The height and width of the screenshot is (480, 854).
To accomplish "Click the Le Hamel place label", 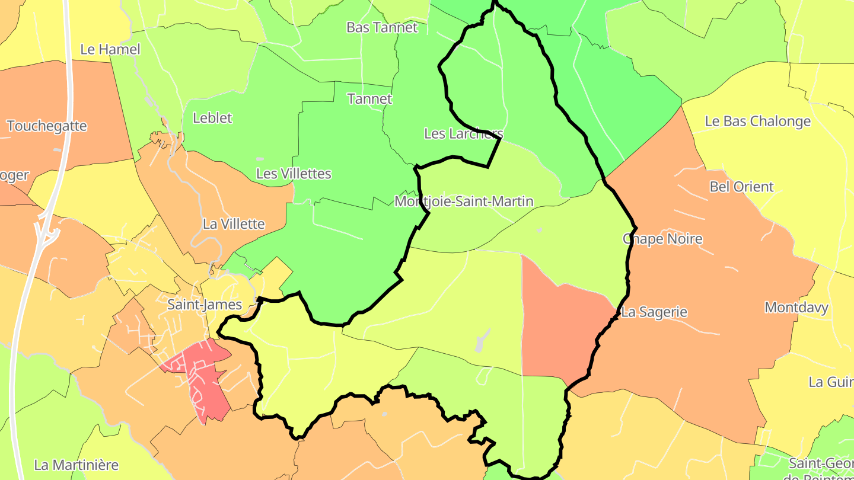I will [110, 49].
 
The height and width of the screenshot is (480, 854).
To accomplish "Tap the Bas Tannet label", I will [382, 27].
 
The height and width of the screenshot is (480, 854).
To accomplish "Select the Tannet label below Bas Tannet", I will [369, 98].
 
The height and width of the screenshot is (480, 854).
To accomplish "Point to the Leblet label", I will [212, 118].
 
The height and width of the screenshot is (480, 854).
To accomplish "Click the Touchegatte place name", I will [47, 126].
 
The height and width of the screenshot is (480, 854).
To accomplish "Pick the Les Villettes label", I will [293, 174].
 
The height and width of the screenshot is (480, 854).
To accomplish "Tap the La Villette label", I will [234, 224].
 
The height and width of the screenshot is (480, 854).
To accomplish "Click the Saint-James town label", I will [205, 305].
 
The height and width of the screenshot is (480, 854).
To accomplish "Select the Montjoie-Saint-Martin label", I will [464, 201].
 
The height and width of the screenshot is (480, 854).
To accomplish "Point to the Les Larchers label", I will [463, 133].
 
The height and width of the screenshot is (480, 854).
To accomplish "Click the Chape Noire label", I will [662, 239].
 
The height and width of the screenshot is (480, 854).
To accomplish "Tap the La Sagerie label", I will [654, 312].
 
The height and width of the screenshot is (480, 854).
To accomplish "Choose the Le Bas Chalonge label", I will [757, 121].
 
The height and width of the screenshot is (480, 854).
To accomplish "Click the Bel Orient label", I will [741, 187].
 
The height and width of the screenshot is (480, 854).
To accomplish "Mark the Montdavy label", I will [796, 308].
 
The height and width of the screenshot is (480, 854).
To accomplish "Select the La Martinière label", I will [77, 465].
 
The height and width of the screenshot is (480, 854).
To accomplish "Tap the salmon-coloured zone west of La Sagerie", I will [560, 326].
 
